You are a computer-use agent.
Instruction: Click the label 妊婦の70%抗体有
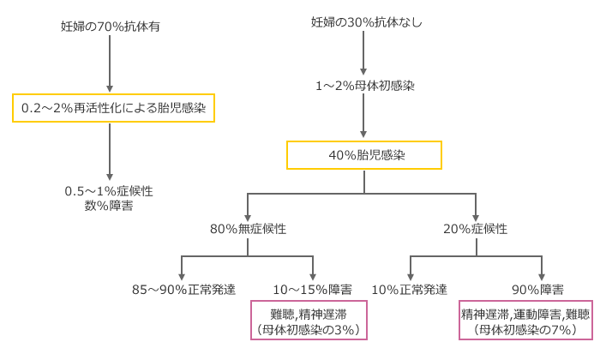click(x=111, y=27)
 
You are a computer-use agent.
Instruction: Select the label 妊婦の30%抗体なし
click(x=366, y=22)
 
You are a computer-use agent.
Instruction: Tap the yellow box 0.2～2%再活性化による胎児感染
click(x=113, y=108)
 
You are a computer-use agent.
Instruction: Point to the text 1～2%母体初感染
click(x=364, y=86)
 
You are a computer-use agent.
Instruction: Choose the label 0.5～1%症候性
click(x=109, y=191)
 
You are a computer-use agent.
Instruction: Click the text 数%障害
click(x=109, y=206)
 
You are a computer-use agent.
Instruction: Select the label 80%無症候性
click(x=248, y=229)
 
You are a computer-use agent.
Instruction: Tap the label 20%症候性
click(x=475, y=229)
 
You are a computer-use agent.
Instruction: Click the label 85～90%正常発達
click(x=183, y=290)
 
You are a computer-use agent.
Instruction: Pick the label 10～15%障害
click(x=312, y=290)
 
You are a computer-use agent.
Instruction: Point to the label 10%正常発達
click(x=410, y=290)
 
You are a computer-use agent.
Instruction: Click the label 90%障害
click(x=537, y=290)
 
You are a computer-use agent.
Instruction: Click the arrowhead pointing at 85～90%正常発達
click(x=182, y=277)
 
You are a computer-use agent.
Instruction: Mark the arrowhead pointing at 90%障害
click(x=542, y=277)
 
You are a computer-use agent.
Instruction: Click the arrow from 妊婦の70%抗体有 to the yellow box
click(x=110, y=63)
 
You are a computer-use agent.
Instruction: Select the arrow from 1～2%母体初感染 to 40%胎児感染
click(x=363, y=116)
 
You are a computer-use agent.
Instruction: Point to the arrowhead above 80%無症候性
click(x=248, y=218)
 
